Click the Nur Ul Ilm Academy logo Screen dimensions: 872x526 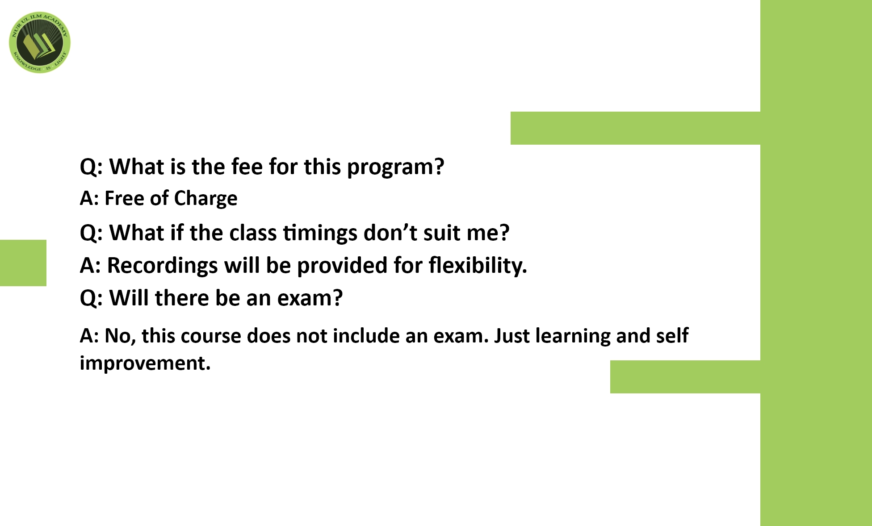(x=40, y=42)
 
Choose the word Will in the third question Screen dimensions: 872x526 (x=129, y=297)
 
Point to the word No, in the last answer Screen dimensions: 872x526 (x=120, y=336)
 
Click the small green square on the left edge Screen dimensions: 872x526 (x=23, y=263)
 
